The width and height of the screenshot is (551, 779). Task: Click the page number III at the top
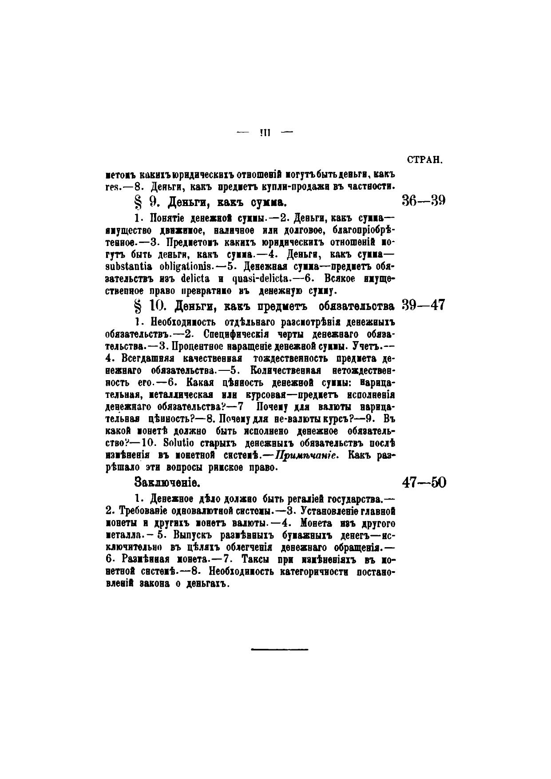[266, 132]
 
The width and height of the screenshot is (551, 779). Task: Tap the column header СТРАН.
[424, 160]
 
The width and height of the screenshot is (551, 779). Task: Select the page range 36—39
[424, 201]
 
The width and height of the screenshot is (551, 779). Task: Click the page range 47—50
[424, 482]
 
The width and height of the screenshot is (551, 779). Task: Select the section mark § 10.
[147, 306]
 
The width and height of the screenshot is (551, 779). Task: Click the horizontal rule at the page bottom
[280, 650]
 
